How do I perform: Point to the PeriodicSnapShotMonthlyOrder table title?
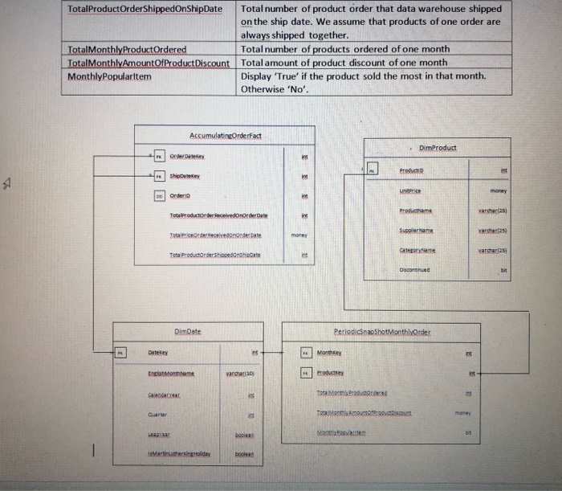pyautogui.click(x=382, y=331)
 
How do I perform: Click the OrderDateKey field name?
pyautogui.click(x=187, y=157)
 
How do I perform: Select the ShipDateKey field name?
pyautogui.click(x=184, y=176)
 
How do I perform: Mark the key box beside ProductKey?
pyautogui.click(x=305, y=373)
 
